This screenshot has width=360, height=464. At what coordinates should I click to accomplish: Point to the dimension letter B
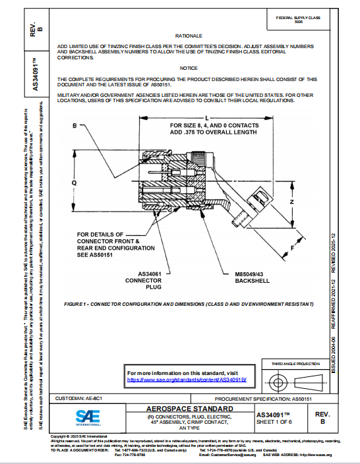point(75,125)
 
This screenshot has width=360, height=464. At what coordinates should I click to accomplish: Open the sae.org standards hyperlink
point(187,380)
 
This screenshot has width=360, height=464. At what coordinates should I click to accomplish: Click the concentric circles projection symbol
point(278,382)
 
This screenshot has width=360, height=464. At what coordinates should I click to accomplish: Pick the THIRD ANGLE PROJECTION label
point(297,363)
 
